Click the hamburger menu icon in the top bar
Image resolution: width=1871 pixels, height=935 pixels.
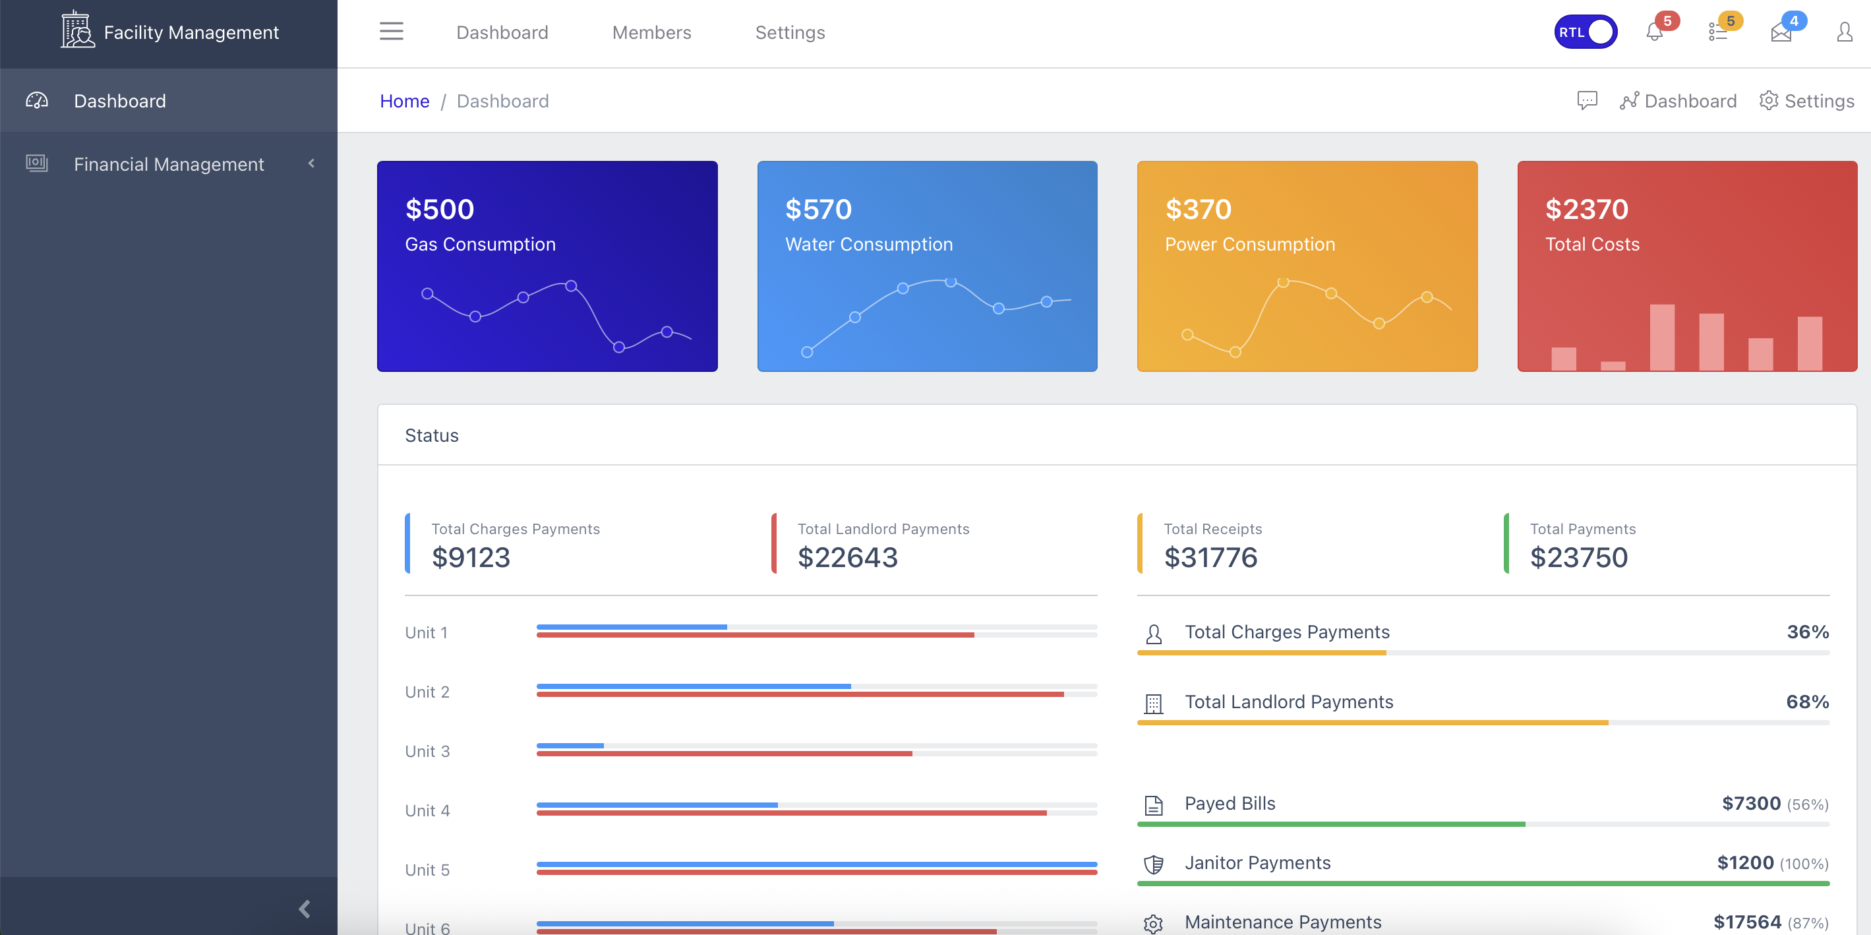(391, 31)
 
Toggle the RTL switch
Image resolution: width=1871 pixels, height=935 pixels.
(1585, 32)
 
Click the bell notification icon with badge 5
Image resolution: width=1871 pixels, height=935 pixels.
(1655, 32)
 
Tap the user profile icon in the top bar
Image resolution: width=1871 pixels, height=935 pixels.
(1844, 32)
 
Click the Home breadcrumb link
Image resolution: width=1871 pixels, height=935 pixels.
(405, 101)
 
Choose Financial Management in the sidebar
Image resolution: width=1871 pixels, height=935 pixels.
(169, 164)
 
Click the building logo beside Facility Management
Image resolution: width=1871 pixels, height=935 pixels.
(77, 30)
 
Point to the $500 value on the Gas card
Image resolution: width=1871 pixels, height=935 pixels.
(440, 209)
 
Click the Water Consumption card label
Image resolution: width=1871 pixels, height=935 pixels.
(869, 244)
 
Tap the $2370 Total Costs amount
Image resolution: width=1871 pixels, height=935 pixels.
(1586, 209)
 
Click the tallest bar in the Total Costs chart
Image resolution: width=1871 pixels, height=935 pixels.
(1662, 337)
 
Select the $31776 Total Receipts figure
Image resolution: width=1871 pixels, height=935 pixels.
(1210, 557)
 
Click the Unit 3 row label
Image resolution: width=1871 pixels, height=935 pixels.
(427, 751)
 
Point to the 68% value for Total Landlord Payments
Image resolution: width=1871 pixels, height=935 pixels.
(1807, 702)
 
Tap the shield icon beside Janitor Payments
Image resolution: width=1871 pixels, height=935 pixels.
(1154, 864)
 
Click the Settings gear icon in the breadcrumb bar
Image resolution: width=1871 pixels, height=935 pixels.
(1768, 100)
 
